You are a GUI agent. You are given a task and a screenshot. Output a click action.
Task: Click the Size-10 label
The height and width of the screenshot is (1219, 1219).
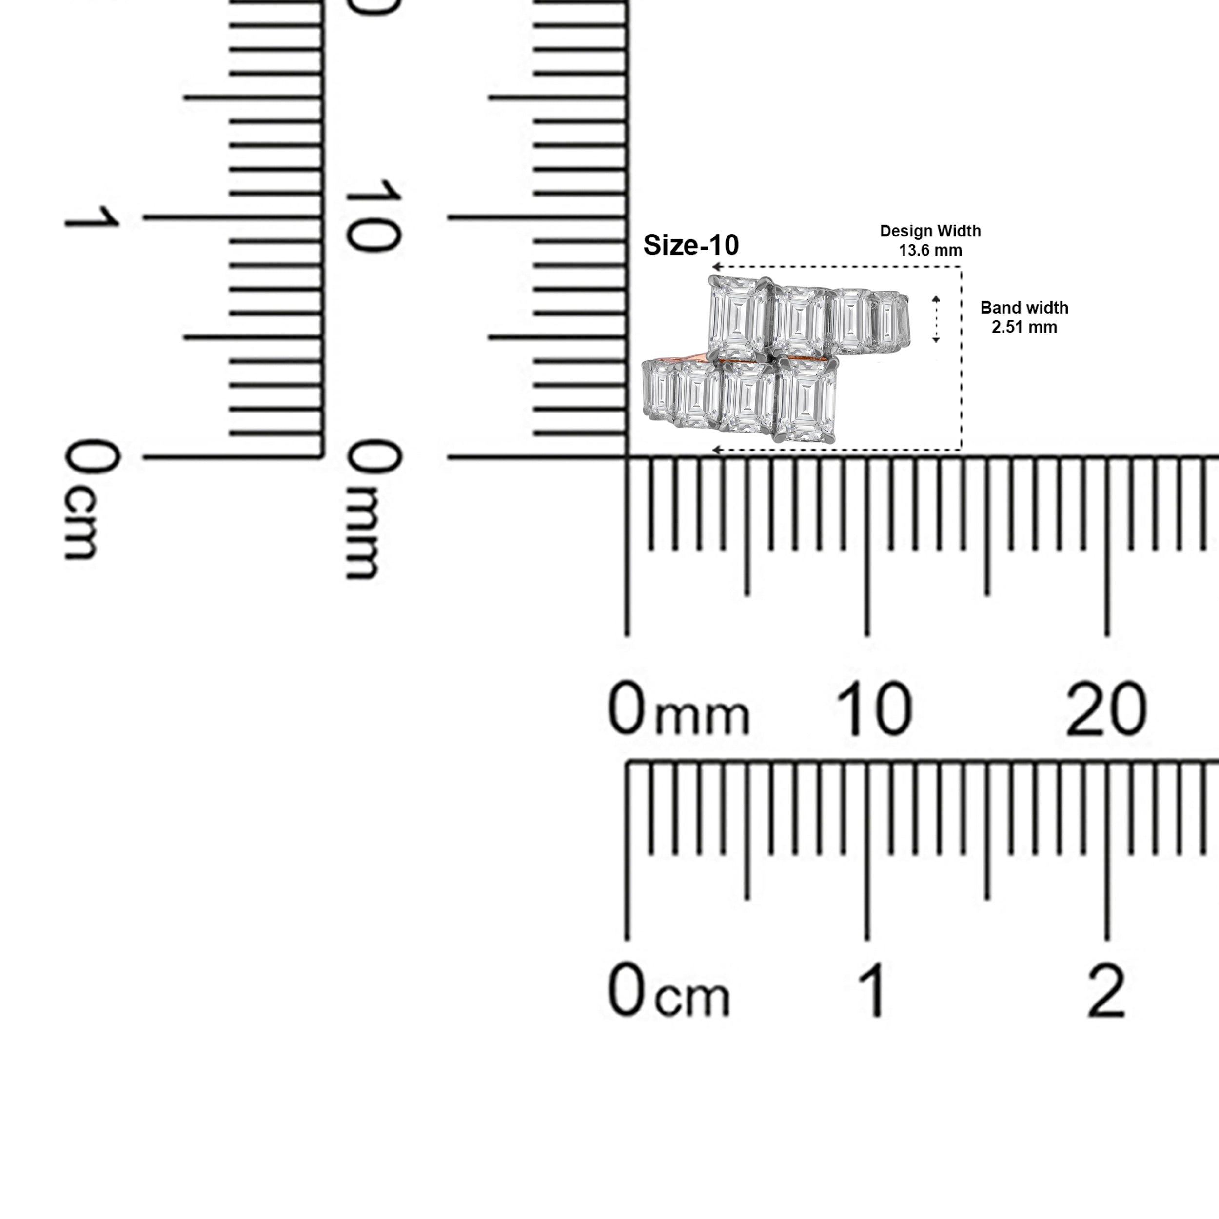point(691,245)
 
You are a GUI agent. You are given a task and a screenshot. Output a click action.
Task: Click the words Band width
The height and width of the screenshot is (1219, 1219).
point(1024,308)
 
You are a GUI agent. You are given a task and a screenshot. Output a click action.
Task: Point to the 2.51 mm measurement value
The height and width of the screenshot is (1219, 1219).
point(1024,327)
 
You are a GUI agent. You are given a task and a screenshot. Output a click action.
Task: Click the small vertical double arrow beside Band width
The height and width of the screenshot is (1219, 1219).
point(936,319)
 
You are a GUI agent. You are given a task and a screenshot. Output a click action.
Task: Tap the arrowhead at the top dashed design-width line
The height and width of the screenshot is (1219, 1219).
point(717,267)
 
